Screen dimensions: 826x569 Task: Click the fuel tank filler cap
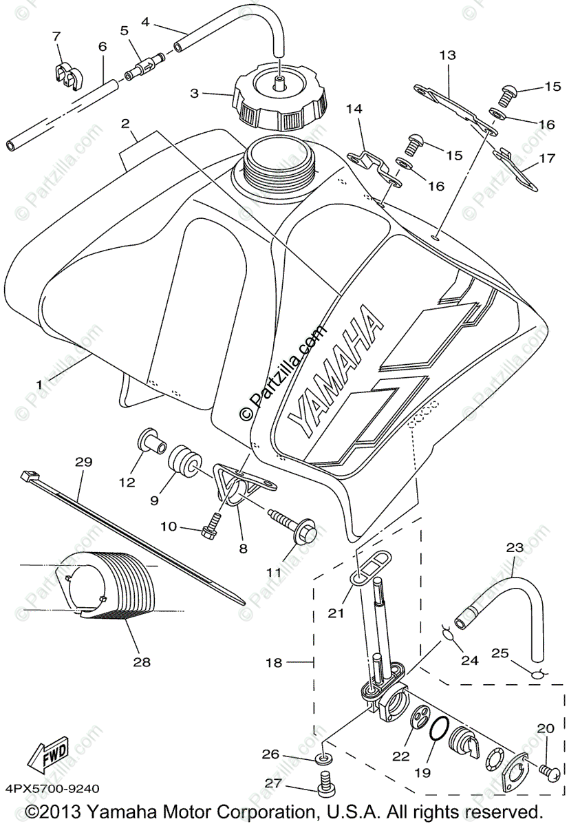point(279,103)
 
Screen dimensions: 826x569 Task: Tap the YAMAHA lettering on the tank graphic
point(336,376)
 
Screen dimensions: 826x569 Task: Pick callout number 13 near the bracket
point(448,55)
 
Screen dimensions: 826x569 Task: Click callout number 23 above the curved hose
point(515,548)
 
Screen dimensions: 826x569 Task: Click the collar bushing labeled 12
point(151,441)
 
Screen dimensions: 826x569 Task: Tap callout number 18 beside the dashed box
point(274,662)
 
